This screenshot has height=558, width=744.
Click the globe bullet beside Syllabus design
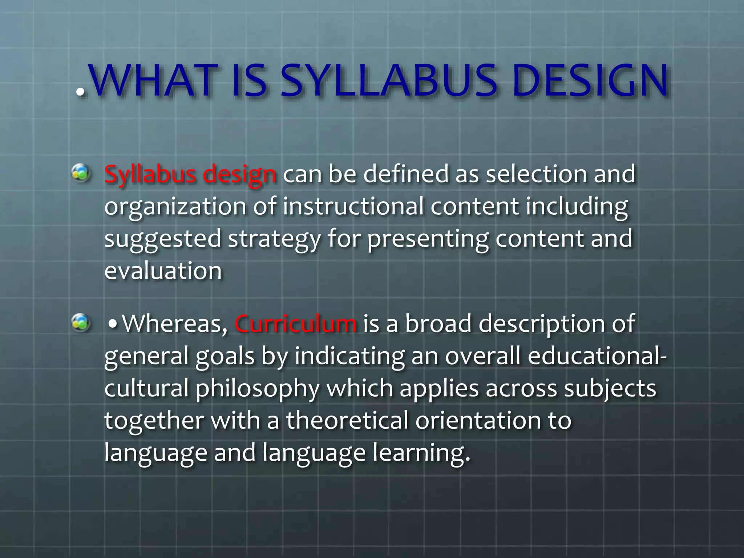(x=81, y=173)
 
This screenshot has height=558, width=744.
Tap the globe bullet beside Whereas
(x=81, y=322)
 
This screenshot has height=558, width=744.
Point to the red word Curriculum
(x=295, y=323)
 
